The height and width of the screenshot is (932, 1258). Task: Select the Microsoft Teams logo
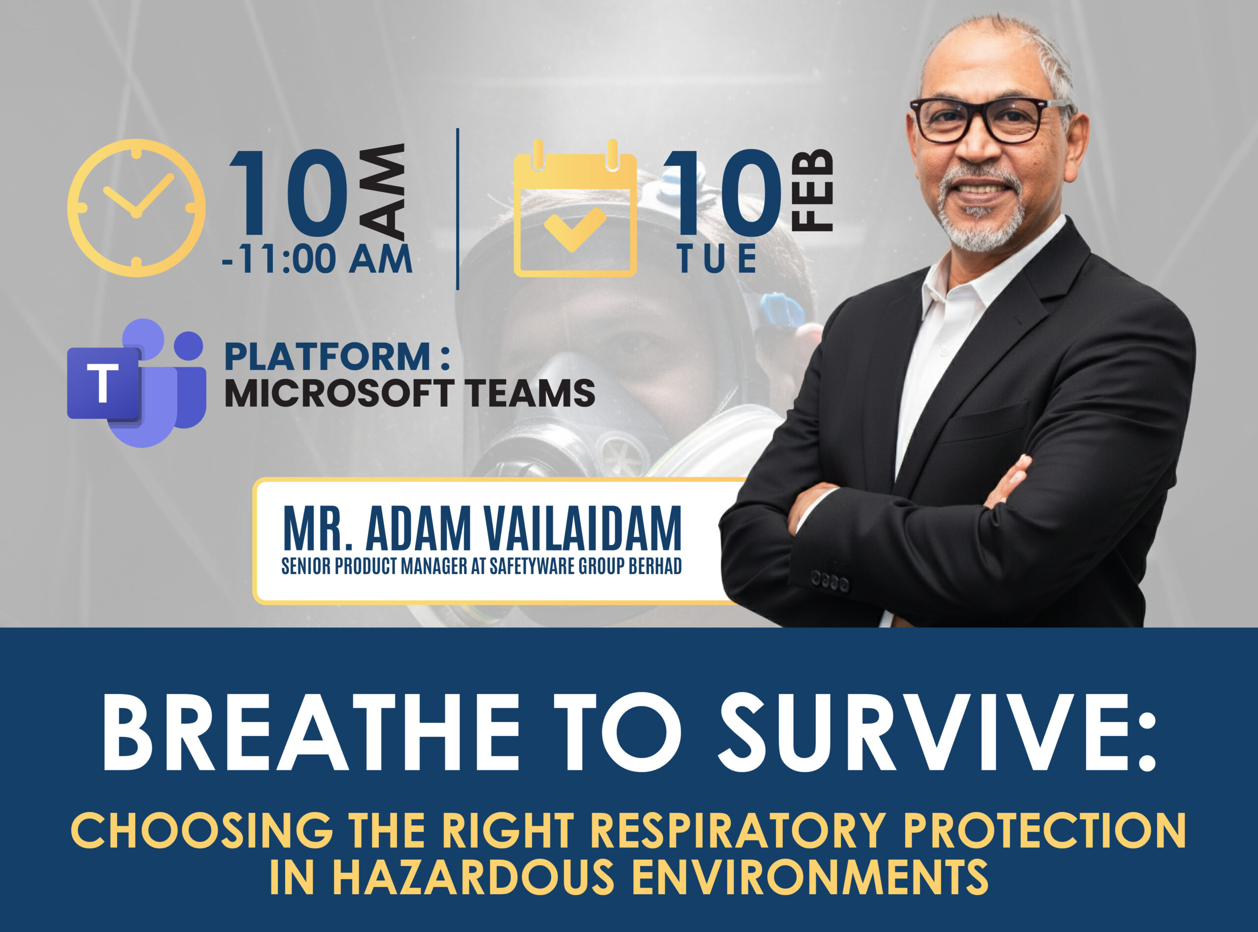point(136,382)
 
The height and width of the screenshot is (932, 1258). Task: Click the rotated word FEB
point(813,190)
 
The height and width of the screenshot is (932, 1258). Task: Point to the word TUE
point(717,259)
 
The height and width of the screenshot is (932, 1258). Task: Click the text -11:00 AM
point(317,259)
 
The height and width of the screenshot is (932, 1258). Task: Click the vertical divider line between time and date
point(457,209)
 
